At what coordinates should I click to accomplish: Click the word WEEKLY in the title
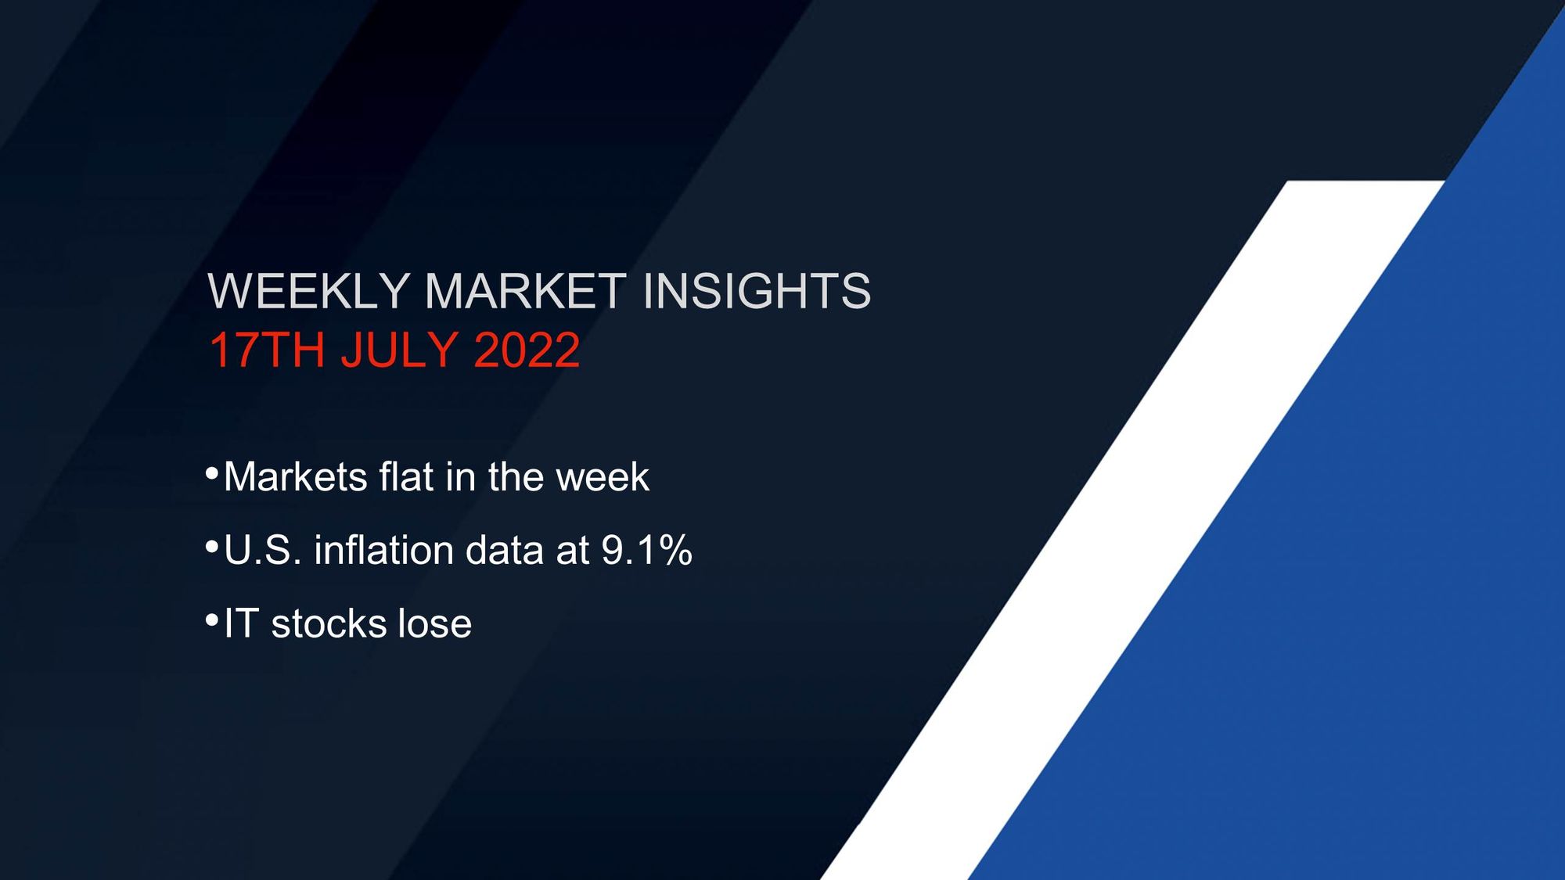(308, 291)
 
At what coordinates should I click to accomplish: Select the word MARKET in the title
(525, 291)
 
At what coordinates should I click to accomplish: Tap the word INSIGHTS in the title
(756, 291)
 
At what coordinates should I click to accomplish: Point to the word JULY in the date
(399, 350)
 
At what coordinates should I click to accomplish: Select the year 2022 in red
(527, 350)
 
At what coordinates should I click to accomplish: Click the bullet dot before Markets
(211, 473)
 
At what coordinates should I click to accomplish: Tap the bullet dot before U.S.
(211, 547)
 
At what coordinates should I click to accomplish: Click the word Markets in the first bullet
(295, 477)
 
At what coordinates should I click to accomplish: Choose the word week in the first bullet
(603, 477)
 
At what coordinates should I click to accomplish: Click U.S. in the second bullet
(262, 551)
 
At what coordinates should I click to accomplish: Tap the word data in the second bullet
(504, 551)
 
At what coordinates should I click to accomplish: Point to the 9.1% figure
(646, 551)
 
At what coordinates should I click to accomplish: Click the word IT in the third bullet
(241, 624)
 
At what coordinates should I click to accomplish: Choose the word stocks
(328, 624)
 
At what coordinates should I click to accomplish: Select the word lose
(434, 624)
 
